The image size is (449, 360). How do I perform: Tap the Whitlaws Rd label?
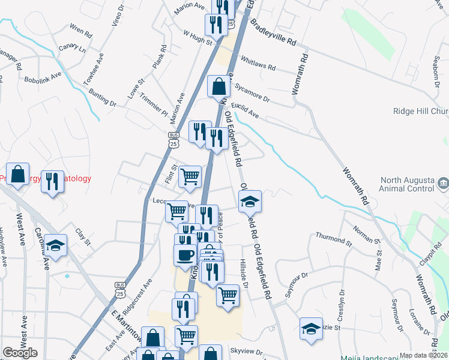coord(257,63)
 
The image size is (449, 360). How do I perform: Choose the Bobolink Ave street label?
coord(43,77)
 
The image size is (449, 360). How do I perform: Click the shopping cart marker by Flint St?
coord(190,176)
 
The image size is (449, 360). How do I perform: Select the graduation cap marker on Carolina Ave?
coord(55,245)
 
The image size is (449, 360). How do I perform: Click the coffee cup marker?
coord(184,254)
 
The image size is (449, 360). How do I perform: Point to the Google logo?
coord(20,353)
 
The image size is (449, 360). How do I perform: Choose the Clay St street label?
coord(82,238)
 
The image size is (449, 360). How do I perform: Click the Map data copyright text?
coord(424,355)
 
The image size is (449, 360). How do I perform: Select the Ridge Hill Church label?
coord(420,111)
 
